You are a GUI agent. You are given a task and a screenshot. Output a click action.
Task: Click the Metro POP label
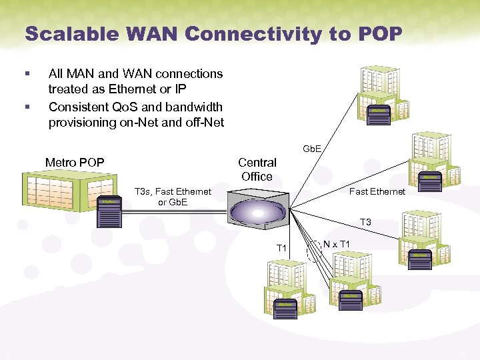(74, 163)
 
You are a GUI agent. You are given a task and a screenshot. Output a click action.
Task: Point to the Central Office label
(257, 169)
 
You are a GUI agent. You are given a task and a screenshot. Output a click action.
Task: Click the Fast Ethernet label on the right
(377, 191)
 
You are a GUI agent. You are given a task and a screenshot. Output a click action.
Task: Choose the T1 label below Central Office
(281, 248)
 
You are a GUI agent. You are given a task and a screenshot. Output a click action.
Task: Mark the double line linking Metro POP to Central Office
(173, 211)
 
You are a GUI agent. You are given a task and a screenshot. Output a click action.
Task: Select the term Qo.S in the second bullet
(127, 107)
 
